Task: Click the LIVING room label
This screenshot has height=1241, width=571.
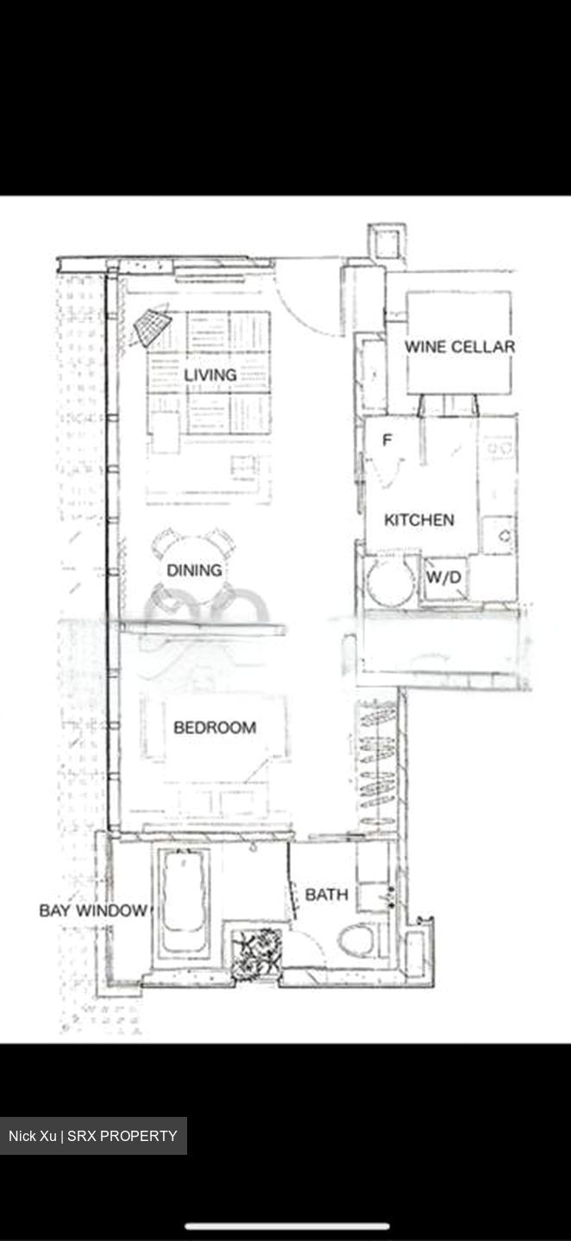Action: coord(210,375)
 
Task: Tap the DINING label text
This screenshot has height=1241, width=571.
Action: coord(194,570)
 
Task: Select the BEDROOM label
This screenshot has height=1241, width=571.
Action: coord(215,727)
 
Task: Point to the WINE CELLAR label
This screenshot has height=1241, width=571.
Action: coord(460,346)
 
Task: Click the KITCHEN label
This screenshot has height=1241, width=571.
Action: coord(419,520)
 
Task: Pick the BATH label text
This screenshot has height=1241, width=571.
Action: coord(327,895)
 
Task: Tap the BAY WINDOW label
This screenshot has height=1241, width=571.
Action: coord(93,910)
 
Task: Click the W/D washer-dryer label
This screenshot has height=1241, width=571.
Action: coord(444,578)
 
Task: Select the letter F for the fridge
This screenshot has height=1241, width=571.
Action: coord(387,440)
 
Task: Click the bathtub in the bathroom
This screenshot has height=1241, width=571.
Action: coord(185,896)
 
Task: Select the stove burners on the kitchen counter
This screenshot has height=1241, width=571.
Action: coord(499,449)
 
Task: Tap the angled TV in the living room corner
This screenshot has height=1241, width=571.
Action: coord(152,327)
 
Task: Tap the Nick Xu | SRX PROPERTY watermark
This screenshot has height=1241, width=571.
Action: coord(93,1136)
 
